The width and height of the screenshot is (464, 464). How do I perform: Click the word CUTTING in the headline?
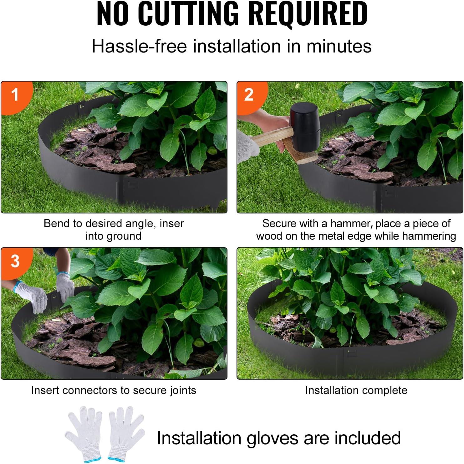(x=188, y=14)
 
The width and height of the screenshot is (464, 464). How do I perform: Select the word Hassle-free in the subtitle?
(x=139, y=46)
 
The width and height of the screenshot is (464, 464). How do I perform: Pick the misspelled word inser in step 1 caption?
(x=171, y=224)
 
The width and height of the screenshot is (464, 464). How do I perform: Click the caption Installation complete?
(x=356, y=391)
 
